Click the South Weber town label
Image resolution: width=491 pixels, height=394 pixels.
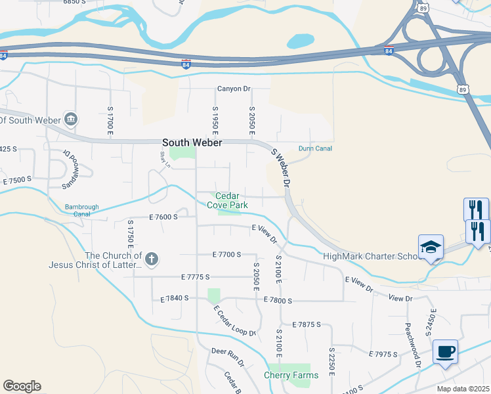click(x=192, y=142)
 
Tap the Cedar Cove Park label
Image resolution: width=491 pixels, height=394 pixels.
click(x=227, y=200)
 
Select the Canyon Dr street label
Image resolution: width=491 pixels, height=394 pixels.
click(x=234, y=89)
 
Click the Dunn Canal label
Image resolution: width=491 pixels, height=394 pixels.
click(x=315, y=148)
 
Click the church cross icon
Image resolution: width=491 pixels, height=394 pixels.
click(x=151, y=259)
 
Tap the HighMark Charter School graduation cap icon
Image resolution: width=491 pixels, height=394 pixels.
click(x=431, y=247)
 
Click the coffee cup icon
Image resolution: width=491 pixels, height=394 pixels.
click(x=445, y=351)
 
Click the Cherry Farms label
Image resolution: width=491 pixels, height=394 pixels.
click(x=291, y=376)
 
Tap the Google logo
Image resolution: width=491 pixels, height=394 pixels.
click(x=22, y=386)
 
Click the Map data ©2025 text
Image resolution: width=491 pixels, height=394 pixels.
click(x=463, y=389)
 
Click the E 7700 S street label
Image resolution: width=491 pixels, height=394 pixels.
click(x=227, y=254)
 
